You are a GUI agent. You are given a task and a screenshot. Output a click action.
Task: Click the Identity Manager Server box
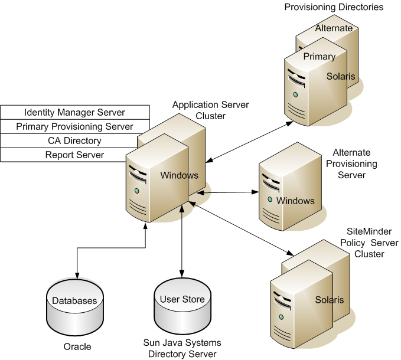click(x=74, y=112)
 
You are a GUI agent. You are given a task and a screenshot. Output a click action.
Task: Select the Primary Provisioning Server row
click(x=74, y=126)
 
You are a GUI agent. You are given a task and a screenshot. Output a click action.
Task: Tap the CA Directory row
click(x=74, y=140)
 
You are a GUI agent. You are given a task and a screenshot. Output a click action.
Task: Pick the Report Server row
click(x=74, y=155)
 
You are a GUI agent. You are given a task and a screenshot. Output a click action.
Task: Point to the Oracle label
click(x=77, y=346)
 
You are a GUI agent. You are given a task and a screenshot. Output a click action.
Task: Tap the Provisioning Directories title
click(x=334, y=7)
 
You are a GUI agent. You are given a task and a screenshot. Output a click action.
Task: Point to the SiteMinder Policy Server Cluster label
click(x=369, y=243)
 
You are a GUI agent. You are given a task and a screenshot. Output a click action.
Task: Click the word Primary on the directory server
click(x=319, y=57)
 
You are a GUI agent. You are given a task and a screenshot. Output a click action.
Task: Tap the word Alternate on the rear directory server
click(x=334, y=28)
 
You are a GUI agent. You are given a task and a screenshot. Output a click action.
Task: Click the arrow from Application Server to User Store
click(x=182, y=248)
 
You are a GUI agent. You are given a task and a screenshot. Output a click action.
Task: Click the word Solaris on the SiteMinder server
click(x=329, y=300)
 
